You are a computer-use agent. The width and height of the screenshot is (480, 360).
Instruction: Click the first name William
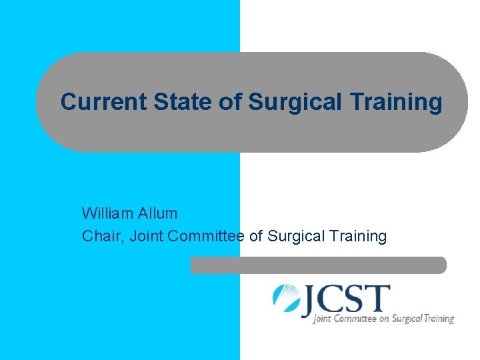[109, 213]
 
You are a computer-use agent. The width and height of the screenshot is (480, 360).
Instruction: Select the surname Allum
[159, 213]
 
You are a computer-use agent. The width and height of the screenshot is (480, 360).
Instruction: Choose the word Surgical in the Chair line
[295, 236]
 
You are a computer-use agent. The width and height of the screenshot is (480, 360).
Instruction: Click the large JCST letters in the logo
[346, 300]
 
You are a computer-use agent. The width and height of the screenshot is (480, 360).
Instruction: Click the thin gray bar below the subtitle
[318, 265]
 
